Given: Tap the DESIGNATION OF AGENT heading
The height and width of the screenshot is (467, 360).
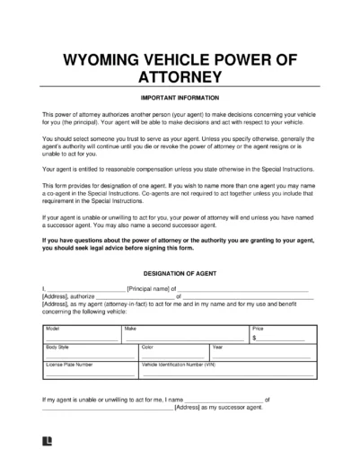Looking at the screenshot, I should click(180, 269).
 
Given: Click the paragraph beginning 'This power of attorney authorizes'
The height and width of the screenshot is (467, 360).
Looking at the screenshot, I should click(180, 120).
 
